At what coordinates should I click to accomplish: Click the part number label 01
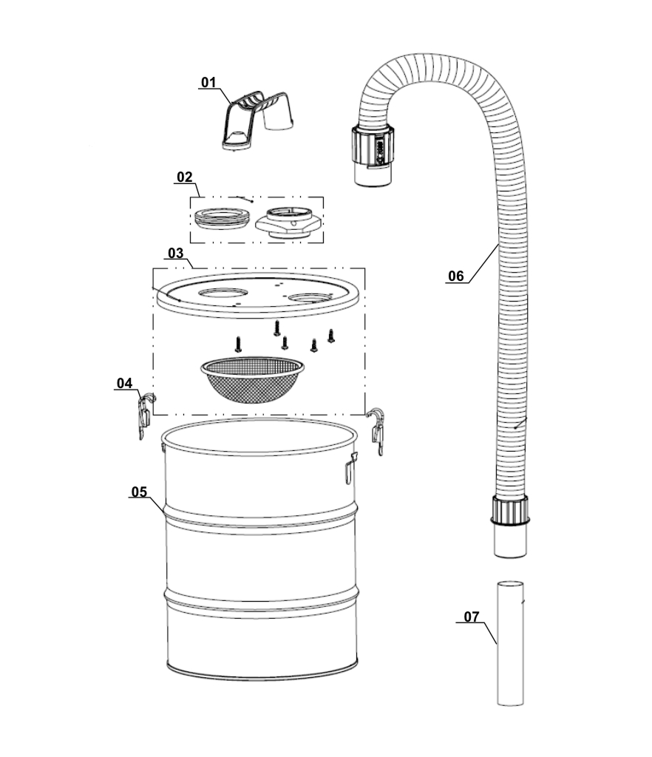(x=208, y=83)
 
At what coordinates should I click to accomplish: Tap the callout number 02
(x=184, y=177)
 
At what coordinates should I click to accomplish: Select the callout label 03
(x=176, y=254)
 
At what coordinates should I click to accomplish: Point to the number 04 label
(x=124, y=384)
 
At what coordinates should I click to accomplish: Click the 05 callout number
(x=139, y=492)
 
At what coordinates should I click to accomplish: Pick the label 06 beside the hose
(x=456, y=276)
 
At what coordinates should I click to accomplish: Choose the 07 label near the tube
(x=472, y=617)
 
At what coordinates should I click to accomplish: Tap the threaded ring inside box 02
(x=222, y=219)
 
